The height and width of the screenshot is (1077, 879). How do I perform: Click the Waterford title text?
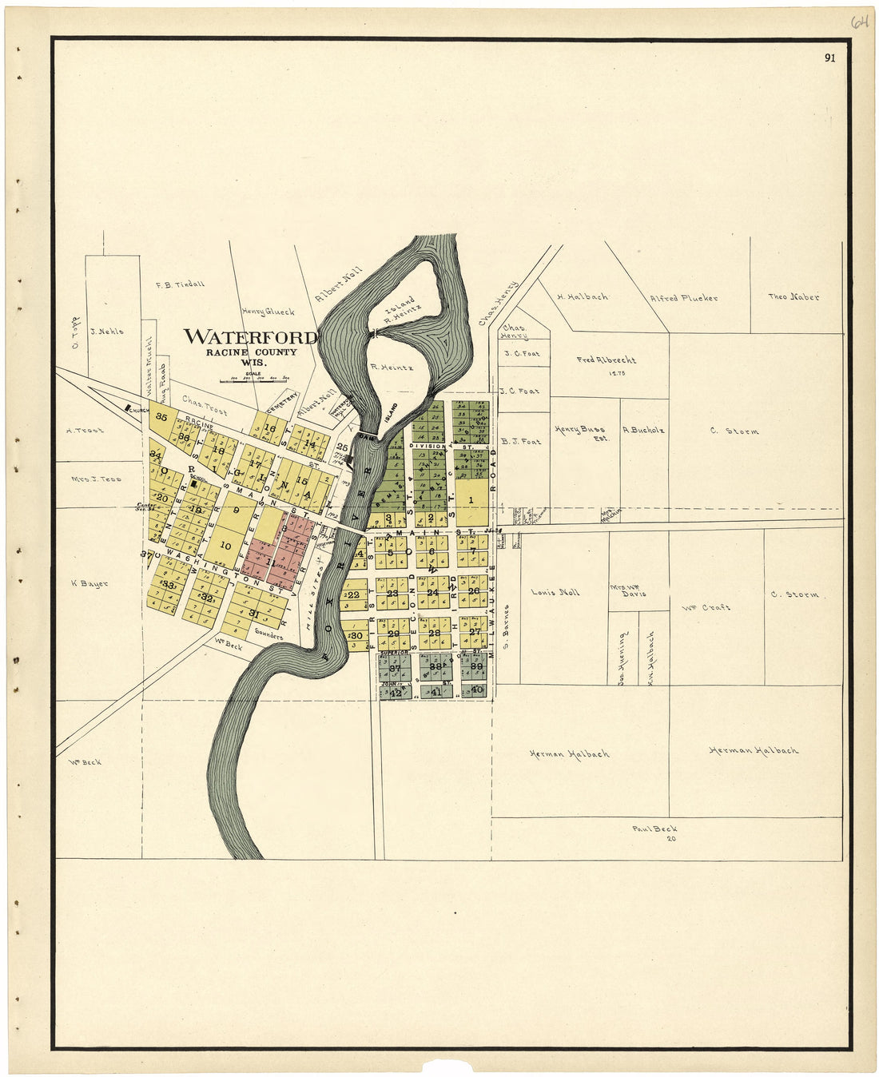[250, 336]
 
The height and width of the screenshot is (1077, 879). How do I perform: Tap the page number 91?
[830, 58]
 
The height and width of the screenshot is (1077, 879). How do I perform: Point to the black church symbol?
[127, 408]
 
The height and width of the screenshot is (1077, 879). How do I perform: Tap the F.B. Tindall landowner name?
[180, 284]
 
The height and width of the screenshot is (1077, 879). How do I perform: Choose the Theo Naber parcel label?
[793, 296]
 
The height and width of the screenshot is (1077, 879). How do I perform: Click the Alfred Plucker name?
[683, 298]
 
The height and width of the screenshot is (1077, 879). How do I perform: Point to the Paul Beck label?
[654, 829]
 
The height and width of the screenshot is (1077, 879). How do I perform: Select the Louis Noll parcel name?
[555, 592]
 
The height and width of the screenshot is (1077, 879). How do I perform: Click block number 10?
[225, 546]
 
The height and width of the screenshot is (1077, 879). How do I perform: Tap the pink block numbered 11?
[270, 563]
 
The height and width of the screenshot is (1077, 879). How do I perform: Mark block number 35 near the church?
[161, 416]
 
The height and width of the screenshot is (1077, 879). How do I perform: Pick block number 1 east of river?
[471, 500]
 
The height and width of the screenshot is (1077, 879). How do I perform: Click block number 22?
[352, 594]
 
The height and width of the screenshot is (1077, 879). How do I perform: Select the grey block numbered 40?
[477, 690]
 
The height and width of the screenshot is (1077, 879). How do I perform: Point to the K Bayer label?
[89, 583]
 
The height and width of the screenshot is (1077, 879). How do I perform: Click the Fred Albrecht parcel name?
[607, 360]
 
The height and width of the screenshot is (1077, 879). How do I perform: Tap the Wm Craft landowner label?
[706, 607]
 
